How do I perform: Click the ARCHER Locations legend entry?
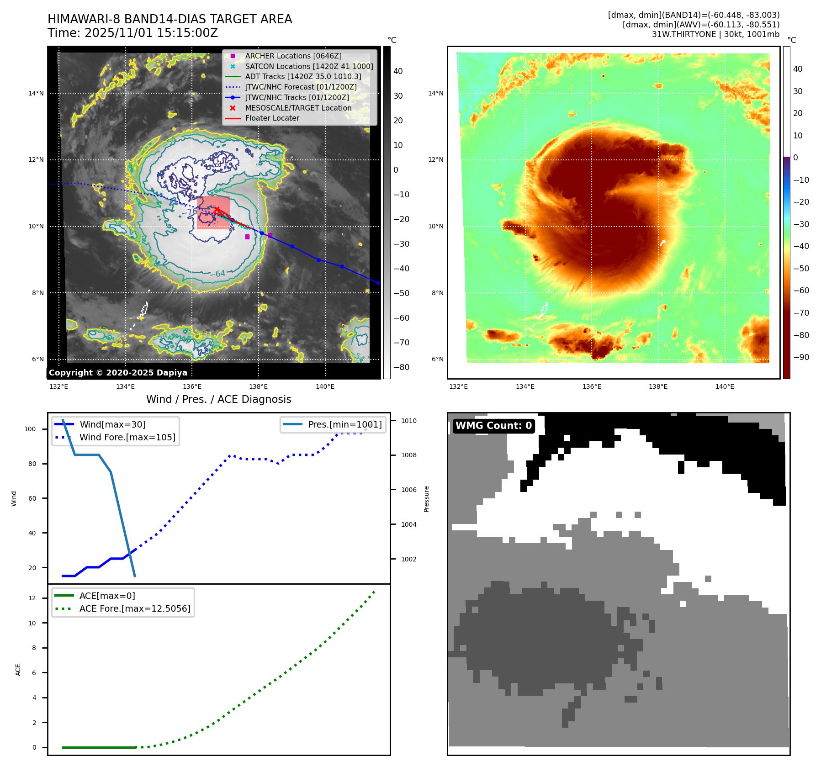293,56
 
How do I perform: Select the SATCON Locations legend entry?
309,66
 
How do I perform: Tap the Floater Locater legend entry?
272,118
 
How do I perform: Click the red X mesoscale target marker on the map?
217,210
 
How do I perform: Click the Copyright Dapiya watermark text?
118,373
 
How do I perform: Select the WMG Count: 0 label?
493,426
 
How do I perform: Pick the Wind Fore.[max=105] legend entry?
127,437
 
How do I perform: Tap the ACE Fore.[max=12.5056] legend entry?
135,608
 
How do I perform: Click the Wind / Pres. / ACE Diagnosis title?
218,399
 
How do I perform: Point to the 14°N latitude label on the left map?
36,93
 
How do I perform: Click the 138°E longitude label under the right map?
658,386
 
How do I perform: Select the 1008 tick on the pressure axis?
409,455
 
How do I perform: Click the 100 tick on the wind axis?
30,429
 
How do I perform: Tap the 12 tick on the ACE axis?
32,598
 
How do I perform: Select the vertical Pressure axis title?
426,499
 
